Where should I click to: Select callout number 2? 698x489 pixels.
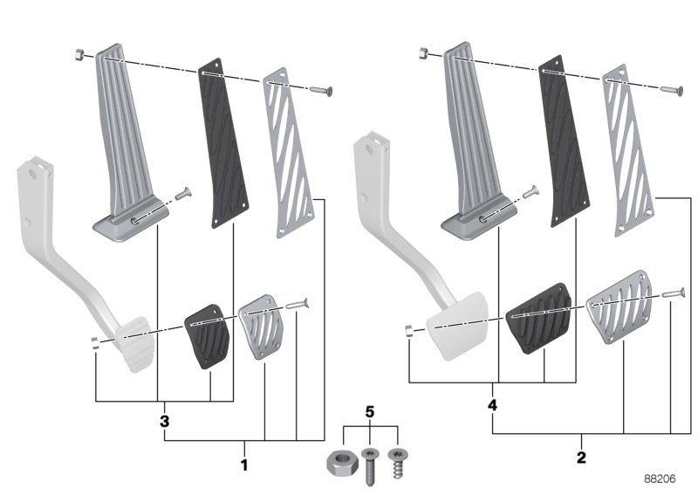(x=582, y=457)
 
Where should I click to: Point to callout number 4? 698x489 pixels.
(x=493, y=406)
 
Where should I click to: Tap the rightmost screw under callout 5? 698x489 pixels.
(x=399, y=460)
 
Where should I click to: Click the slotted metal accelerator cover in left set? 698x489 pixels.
(x=287, y=153)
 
